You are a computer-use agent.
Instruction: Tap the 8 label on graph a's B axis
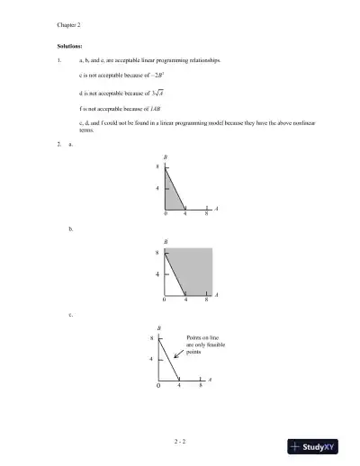tap(158, 167)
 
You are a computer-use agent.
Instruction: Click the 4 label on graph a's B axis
tap(158, 188)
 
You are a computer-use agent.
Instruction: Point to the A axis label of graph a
tap(218, 208)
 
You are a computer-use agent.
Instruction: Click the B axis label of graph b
tap(165, 240)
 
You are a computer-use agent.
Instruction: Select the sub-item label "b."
tap(71, 230)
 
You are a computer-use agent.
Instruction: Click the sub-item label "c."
tap(71, 315)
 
